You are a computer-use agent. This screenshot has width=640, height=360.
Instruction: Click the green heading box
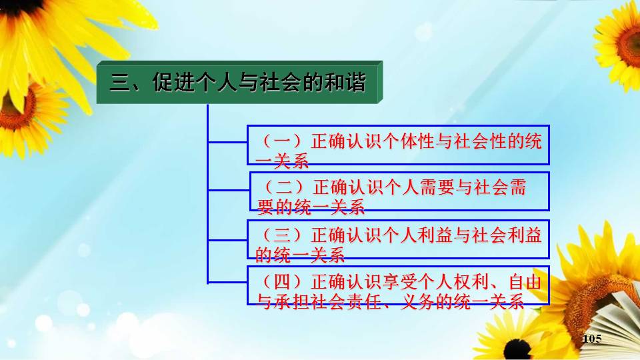pos(239,82)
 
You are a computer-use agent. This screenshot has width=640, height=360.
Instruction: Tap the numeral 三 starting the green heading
pos(119,82)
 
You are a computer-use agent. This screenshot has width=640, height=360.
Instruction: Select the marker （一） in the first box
pos(282,141)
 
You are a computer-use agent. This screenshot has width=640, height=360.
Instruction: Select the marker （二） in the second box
pos(284,188)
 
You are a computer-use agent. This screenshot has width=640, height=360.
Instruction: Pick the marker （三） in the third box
pos(282,235)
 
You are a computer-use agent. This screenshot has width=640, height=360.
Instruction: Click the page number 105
pos(592,339)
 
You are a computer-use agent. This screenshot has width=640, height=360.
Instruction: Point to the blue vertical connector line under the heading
pos(208,193)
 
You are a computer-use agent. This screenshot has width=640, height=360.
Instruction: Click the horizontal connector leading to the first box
pos(227,142)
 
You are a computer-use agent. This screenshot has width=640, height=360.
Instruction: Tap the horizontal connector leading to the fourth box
pos(227,282)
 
